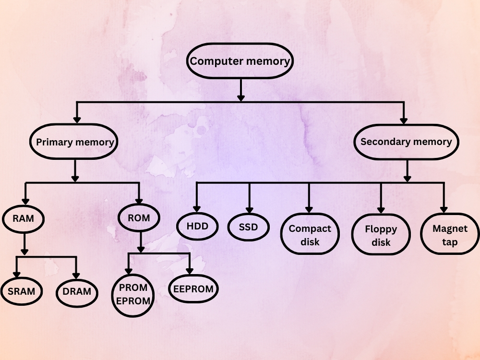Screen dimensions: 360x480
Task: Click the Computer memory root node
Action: click(x=240, y=61)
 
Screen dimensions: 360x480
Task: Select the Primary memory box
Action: click(x=75, y=142)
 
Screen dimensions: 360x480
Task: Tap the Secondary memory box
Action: click(x=406, y=142)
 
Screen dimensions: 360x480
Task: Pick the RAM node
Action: click(x=24, y=219)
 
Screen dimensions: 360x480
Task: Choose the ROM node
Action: click(x=139, y=218)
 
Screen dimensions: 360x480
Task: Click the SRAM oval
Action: click(x=22, y=291)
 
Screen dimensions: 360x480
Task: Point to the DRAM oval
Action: click(x=77, y=291)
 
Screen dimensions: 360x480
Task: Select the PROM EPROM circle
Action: click(x=133, y=295)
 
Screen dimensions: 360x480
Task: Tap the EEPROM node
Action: click(x=193, y=289)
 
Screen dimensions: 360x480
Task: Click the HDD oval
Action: click(x=198, y=225)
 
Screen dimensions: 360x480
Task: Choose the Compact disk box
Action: click(x=310, y=235)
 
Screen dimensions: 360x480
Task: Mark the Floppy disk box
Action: click(x=381, y=236)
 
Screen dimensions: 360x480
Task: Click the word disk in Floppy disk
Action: click(x=381, y=242)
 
